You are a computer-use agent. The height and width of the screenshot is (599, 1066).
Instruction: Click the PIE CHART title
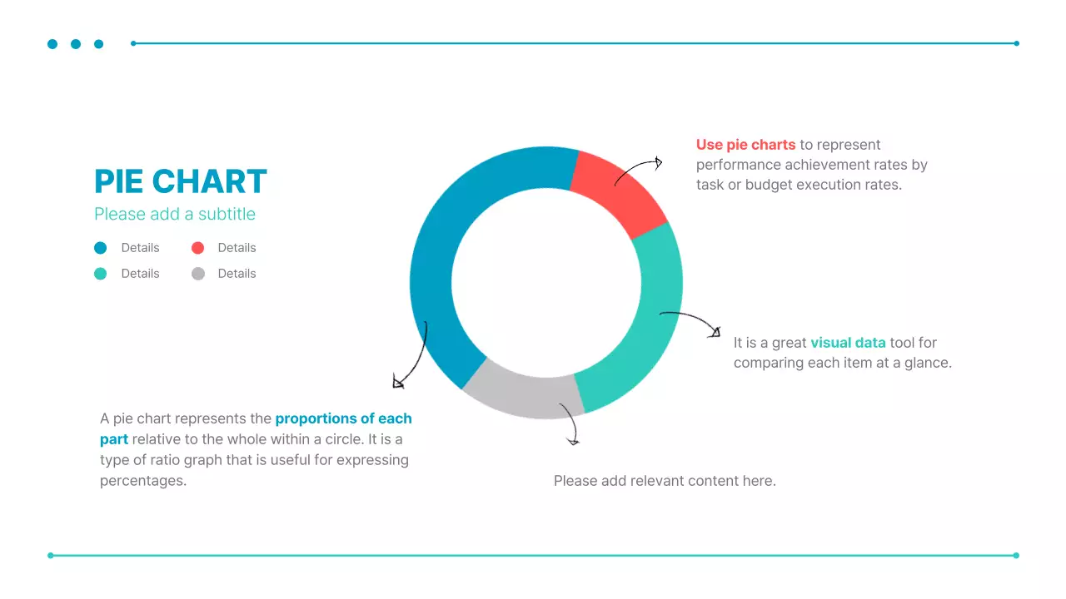coord(181,181)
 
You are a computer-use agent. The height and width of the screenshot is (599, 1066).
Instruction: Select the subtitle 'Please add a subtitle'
coord(175,214)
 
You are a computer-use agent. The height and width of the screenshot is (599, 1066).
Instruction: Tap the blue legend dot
coord(101,248)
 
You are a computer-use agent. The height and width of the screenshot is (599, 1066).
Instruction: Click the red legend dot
coord(197,248)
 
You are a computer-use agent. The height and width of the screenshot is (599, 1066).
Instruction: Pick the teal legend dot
coord(101,274)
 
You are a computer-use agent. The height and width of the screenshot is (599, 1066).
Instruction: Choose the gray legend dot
coord(197,274)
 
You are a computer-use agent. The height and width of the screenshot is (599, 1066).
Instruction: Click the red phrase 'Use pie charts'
coord(745,145)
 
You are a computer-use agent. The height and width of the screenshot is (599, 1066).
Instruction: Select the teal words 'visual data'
coord(848,343)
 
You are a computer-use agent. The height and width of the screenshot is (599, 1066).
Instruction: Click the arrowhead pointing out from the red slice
coord(658,163)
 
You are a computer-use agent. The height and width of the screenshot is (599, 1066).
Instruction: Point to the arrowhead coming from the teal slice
coord(715,333)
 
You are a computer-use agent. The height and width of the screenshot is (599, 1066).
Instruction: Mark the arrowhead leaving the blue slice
coord(397,383)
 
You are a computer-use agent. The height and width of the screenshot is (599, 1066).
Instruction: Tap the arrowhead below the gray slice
coord(573,440)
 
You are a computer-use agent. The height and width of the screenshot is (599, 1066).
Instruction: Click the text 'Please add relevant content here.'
coord(665,481)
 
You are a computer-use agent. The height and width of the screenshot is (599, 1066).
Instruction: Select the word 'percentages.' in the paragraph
coord(142,481)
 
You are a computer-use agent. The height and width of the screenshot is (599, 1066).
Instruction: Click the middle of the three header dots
coord(76,44)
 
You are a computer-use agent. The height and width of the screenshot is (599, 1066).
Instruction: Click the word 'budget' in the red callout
coord(769,185)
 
